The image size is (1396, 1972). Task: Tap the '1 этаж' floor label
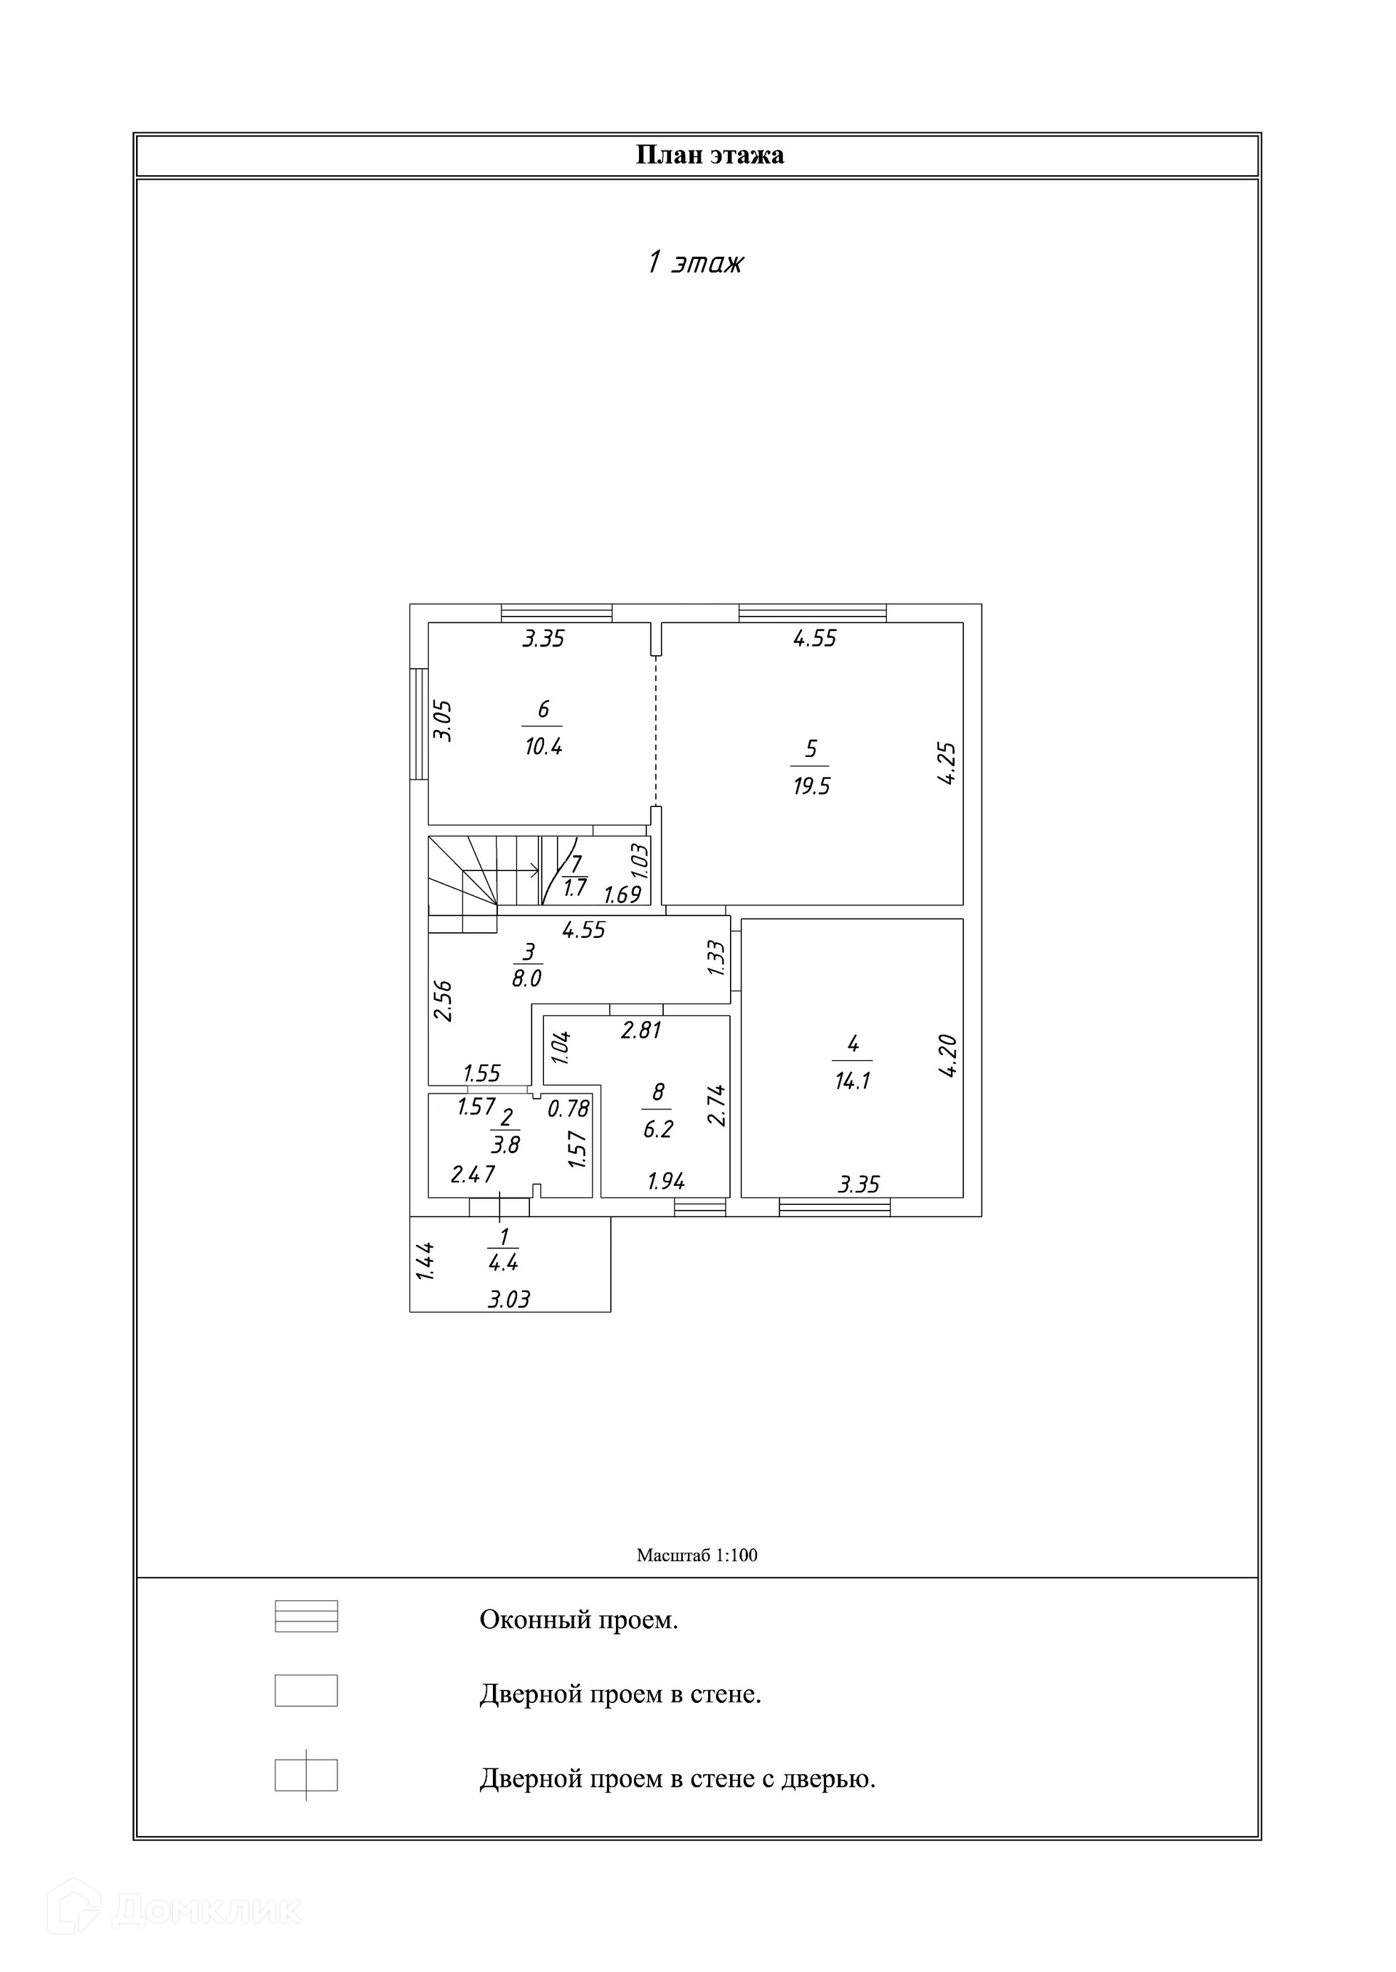[x=694, y=262]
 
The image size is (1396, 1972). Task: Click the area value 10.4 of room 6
[x=543, y=746]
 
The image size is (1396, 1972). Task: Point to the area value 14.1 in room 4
[x=853, y=1081]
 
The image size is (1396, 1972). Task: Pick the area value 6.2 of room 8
[x=659, y=1129]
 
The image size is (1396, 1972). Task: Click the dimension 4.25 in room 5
[x=947, y=763]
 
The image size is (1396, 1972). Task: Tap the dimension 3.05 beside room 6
[x=442, y=721]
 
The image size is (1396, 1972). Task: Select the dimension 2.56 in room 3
[x=443, y=1001]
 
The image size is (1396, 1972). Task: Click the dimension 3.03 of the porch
[x=509, y=1299]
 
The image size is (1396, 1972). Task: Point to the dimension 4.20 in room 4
[x=947, y=1057]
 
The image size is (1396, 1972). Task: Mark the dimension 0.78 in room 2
[x=568, y=1109]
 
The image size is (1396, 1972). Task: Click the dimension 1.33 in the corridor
[x=716, y=958]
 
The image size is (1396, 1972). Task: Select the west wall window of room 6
[x=419, y=724]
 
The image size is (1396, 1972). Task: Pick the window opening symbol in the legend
[x=306, y=1616]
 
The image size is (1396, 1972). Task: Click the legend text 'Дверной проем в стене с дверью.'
[x=678, y=1778]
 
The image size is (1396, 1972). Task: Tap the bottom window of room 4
[x=834, y=1207]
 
